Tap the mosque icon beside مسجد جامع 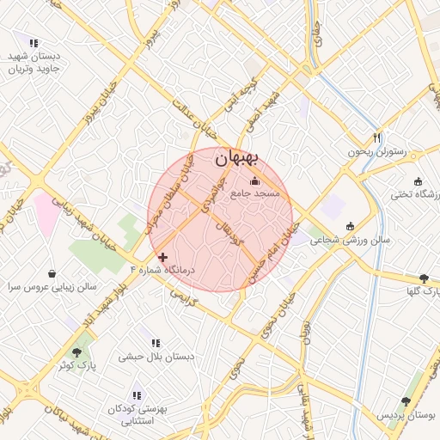254,181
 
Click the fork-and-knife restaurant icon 376,137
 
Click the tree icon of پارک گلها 424,278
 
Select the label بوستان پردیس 405,414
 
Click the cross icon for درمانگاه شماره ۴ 162,257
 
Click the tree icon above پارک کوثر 77,352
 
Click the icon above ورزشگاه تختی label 418,181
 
